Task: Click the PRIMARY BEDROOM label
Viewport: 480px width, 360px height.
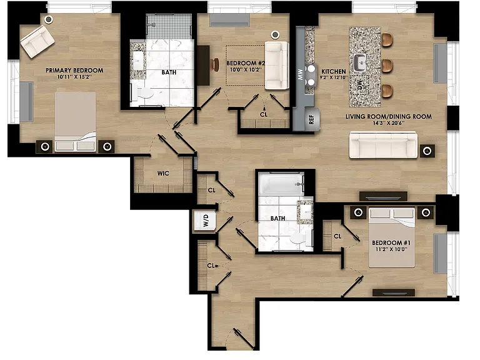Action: pyautogui.click(x=74, y=71)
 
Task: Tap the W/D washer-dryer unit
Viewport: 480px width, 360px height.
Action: pyautogui.click(x=205, y=221)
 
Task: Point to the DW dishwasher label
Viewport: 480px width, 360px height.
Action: pyautogui.click(x=360, y=85)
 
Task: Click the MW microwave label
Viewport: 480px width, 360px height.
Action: pyautogui.click(x=300, y=74)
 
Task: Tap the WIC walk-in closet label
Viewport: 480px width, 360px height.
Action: pyautogui.click(x=163, y=174)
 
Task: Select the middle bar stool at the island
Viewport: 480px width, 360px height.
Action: pyautogui.click(x=387, y=66)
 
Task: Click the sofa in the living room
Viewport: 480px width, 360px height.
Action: pyautogui.click(x=383, y=145)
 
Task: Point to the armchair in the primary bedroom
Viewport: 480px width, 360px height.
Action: pyautogui.click(x=37, y=42)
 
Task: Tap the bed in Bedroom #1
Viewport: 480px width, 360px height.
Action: pyautogui.click(x=392, y=237)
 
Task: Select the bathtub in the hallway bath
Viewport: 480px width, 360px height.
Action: pyautogui.click(x=281, y=184)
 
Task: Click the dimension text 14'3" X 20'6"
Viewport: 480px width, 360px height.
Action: pyautogui.click(x=389, y=123)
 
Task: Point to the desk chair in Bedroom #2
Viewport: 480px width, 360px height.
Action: pyautogui.click(x=216, y=64)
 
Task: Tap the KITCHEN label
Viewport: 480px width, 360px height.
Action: pyautogui.click(x=334, y=71)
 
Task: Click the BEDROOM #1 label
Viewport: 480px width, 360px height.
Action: pyautogui.click(x=391, y=242)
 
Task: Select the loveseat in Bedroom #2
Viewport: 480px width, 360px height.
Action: pyautogui.click(x=277, y=66)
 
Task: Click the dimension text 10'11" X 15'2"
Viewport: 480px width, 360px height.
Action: pyautogui.click(x=74, y=77)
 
